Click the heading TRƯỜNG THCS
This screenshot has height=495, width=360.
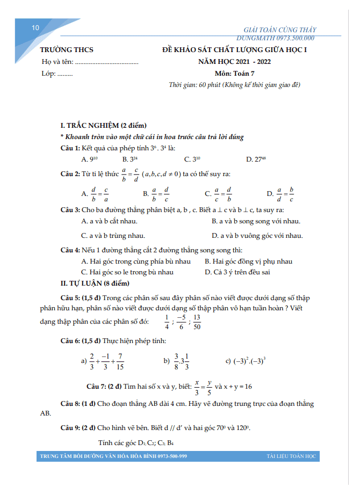click(x=67, y=50)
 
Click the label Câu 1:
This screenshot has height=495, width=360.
click(x=70, y=148)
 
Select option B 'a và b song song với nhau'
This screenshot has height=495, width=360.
click(x=256, y=221)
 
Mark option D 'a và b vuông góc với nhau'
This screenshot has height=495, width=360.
click(x=257, y=236)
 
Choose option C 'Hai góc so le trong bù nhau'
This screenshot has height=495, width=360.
click(x=127, y=272)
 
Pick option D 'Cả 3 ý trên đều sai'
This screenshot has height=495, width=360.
click(x=237, y=272)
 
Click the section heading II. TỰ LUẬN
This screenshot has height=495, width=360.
click(x=95, y=282)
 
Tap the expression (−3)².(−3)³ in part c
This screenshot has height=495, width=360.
click(x=249, y=361)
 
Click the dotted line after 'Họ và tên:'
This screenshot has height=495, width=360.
click(x=107, y=62)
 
